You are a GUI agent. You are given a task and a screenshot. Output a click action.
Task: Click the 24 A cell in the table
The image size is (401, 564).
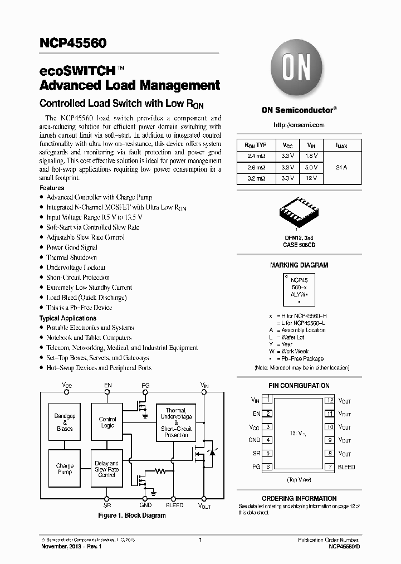(342, 167)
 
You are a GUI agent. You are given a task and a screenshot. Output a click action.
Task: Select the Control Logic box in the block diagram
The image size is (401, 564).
(107, 422)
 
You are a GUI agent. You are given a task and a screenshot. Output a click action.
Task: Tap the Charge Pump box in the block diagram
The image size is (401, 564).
(65, 469)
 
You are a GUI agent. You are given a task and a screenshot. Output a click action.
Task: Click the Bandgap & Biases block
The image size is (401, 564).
(65, 422)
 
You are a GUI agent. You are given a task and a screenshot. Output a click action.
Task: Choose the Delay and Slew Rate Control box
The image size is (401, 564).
(107, 469)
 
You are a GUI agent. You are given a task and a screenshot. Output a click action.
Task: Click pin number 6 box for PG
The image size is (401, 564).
(268, 467)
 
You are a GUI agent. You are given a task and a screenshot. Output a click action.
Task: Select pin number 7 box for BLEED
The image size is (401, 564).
(330, 467)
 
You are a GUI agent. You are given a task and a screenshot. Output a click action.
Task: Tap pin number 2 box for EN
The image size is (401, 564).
(268, 414)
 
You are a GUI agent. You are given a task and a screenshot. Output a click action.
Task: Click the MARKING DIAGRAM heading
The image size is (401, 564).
(299, 265)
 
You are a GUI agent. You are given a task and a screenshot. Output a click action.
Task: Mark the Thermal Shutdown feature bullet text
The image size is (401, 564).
(71, 257)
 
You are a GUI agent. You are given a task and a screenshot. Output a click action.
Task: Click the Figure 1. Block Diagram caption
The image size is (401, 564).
(132, 516)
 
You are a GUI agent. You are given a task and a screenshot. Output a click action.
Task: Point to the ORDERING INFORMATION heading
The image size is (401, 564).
(299, 498)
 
